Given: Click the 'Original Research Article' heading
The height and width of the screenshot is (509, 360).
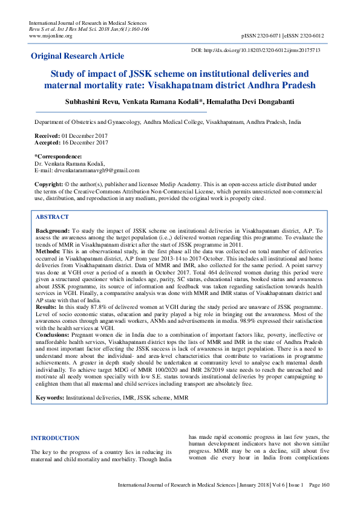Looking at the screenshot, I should [x=77, y=56].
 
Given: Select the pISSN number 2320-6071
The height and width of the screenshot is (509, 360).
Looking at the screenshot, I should [x=279, y=36].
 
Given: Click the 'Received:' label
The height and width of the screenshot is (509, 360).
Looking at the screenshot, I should [x=46, y=137].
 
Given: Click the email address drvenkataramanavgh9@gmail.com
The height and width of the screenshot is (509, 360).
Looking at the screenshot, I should [x=97, y=170].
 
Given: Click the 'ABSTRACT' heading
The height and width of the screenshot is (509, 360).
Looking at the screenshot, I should [x=52, y=216].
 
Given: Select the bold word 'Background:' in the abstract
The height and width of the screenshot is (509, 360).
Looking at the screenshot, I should [x=52, y=231].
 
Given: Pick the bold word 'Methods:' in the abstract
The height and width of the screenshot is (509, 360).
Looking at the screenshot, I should [x=48, y=250].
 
